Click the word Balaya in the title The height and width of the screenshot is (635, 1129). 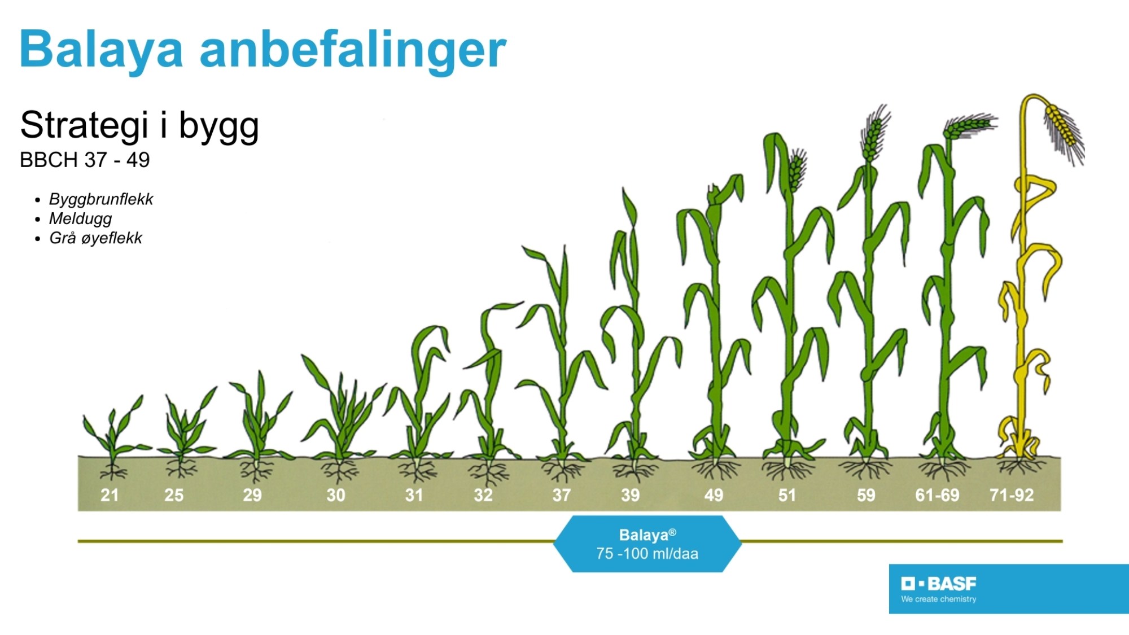(x=102, y=50)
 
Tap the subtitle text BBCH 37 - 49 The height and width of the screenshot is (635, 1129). (x=85, y=160)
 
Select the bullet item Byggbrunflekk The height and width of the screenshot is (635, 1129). (x=101, y=199)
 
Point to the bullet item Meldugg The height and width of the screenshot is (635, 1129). (x=80, y=218)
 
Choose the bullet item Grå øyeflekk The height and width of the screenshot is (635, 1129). (x=95, y=238)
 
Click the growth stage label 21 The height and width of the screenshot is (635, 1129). (x=110, y=495)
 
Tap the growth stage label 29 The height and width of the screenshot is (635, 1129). (x=252, y=495)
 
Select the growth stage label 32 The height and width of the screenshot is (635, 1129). (x=483, y=495)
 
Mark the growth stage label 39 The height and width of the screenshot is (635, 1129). (x=631, y=495)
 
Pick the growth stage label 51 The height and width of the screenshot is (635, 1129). (x=787, y=495)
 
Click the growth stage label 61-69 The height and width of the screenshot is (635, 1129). (x=937, y=495)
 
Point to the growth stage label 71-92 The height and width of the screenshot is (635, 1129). (x=1012, y=495)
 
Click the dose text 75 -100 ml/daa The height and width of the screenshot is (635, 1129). (x=647, y=554)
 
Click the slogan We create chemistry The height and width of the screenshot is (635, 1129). (x=939, y=599)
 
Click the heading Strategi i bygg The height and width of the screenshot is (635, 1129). (x=139, y=125)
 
